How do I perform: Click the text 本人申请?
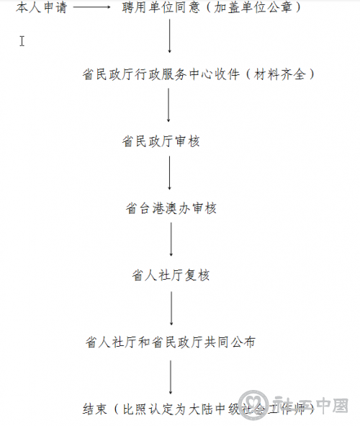pyautogui.click(x=41, y=7)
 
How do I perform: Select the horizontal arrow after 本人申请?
pyautogui.click(x=91, y=7)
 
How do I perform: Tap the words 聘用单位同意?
pyautogui.click(x=161, y=7)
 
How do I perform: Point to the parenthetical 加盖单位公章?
pyautogui.click(x=253, y=7)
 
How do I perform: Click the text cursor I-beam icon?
pyautogui.click(x=22, y=41)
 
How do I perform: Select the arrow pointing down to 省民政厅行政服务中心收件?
pyautogui.click(x=169, y=36)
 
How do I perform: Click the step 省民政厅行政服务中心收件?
pyautogui.click(x=161, y=74)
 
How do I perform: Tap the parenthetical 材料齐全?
pyautogui.click(x=279, y=74)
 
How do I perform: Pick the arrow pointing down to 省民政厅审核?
pyautogui.click(x=168, y=105)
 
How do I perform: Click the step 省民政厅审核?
pyautogui.click(x=161, y=141)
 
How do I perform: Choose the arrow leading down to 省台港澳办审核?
pyautogui.click(x=169, y=173)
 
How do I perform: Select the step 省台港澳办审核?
pyautogui.click(x=171, y=208)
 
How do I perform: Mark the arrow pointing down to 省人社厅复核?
pyautogui.click(x=171, y=239)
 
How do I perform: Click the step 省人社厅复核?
pyautogui.click(x=171, y=275)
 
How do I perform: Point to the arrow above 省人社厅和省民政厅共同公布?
pyautogui.click(x=171, y=309)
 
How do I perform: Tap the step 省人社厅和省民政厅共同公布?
pyautogui.click(x=171, y=342)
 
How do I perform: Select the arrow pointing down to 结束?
pyautogui.click(x=171, y=377)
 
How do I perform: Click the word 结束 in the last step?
pyautogui.click(x=94, y=409)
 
